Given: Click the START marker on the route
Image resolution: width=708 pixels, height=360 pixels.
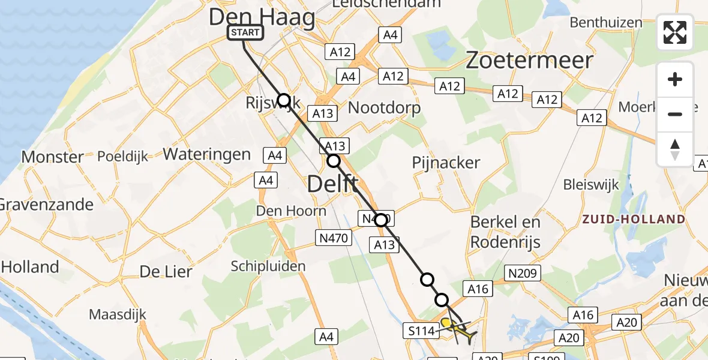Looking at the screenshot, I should pyautogui.click(x=245, y=32).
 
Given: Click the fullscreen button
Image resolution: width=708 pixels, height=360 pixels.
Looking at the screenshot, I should pyautogui.click(x=675, y=32).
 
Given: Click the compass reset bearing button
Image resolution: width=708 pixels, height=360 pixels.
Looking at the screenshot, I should pyautogui.click(x=675, y=149).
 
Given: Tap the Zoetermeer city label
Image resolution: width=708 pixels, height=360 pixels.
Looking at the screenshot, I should pyautogui.click(x=530, y=61).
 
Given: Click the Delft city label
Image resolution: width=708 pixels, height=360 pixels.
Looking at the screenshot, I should pyautogui.click(x=333, y=184).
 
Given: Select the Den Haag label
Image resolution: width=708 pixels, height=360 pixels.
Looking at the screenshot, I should pyautogui.click(x=262, y=17).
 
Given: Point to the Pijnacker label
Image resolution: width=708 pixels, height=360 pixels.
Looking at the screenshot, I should pyautogui.click(x=446, y=162).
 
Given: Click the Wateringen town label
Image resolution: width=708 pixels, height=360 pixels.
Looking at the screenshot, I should pyautogui.click(x=206, y=154).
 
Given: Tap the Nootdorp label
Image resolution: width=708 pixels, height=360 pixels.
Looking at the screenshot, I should pyautogui.click(x=384, y=108).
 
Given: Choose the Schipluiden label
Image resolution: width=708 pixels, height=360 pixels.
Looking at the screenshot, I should pyautogui.click(x=268, y=266).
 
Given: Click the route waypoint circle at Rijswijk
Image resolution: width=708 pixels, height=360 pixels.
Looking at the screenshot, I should pyautogui.click(x=283, y=100).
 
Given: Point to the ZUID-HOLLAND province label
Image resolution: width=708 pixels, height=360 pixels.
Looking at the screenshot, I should pyautogui.click(x=633, y=219).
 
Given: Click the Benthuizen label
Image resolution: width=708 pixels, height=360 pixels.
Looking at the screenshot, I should pyautogui.click(x=606, y=23).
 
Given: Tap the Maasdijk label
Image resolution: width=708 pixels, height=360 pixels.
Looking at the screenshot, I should pyautogui.click(x=118, y=314).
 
